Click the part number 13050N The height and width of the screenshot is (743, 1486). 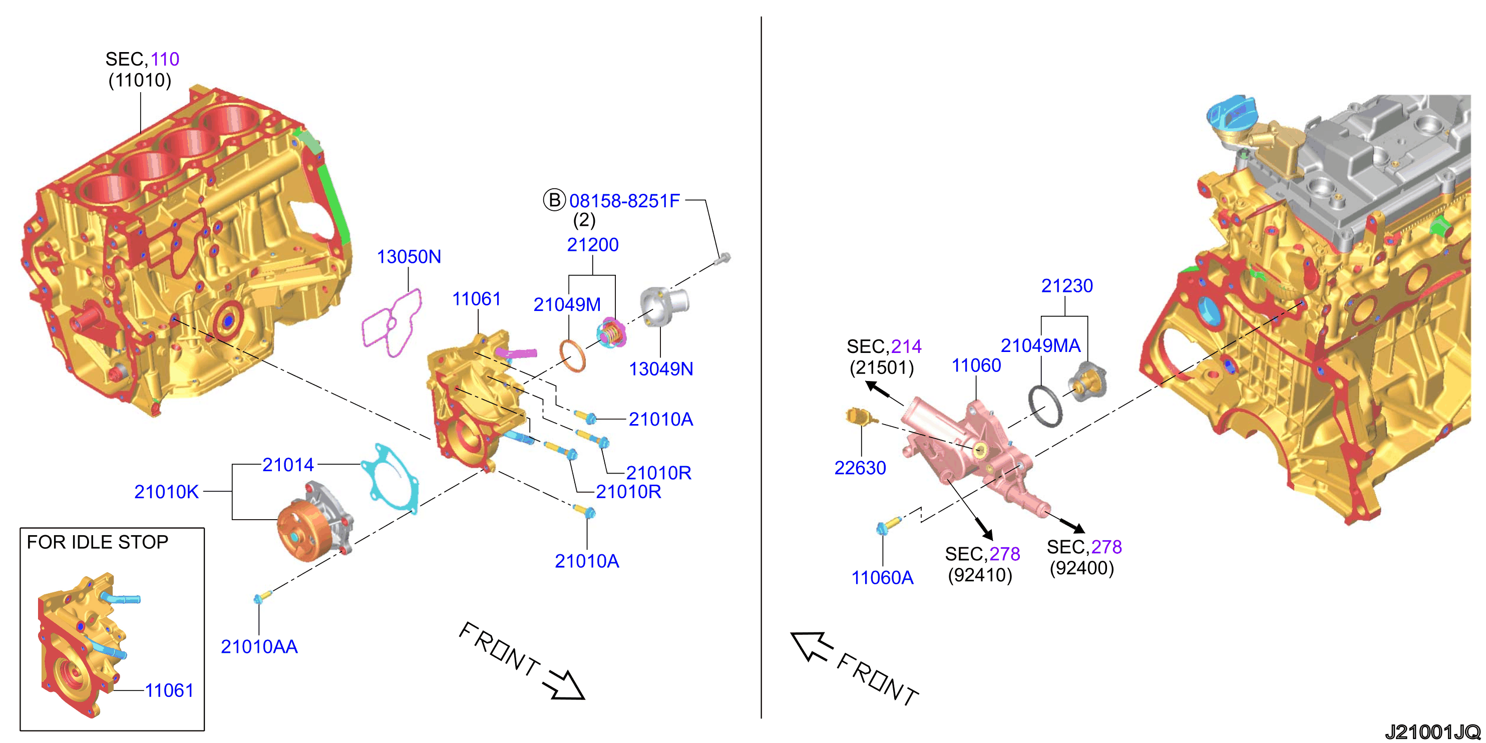tap(409, 257)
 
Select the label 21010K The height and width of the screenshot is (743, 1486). tap(166, 492)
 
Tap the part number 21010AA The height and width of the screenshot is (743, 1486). tap(259, 647)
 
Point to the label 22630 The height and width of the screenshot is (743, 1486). tap(860, 468)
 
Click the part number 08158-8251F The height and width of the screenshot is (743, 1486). tap(624, 201)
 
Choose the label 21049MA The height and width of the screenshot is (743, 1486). tap(1040, 345)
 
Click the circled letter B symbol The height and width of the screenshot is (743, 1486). tap(554, 200)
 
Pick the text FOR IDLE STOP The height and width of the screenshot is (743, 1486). tap(98, 542)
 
